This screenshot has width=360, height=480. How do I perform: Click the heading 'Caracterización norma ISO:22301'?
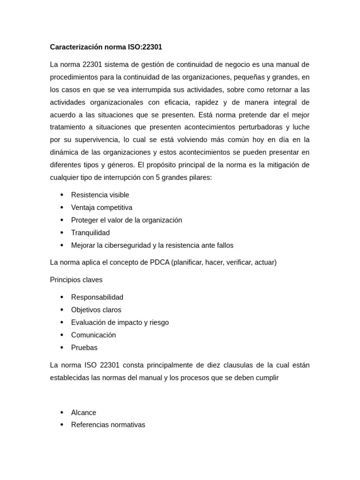(106, 47)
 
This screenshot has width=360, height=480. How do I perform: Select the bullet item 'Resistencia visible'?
(100, 195)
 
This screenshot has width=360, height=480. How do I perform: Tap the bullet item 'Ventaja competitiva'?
(102, 208)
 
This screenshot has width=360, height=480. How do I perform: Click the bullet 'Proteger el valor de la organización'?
(127, 220)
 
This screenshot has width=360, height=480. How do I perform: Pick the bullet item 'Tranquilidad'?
(90, 233)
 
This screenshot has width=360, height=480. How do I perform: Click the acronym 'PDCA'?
(160, 262)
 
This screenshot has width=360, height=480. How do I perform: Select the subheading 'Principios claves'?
(76, 280)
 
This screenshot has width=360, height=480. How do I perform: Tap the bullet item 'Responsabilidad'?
(97, 297)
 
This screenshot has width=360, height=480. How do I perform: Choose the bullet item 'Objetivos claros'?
(96, 310)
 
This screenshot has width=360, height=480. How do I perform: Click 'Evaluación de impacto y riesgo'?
(120, 322)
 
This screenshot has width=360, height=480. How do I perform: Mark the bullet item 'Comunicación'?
(93, 335)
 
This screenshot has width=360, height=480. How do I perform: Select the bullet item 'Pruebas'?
(84, 348)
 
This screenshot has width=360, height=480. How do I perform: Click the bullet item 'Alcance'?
(83, 412)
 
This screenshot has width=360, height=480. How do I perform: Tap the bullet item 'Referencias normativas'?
(108, 425)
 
